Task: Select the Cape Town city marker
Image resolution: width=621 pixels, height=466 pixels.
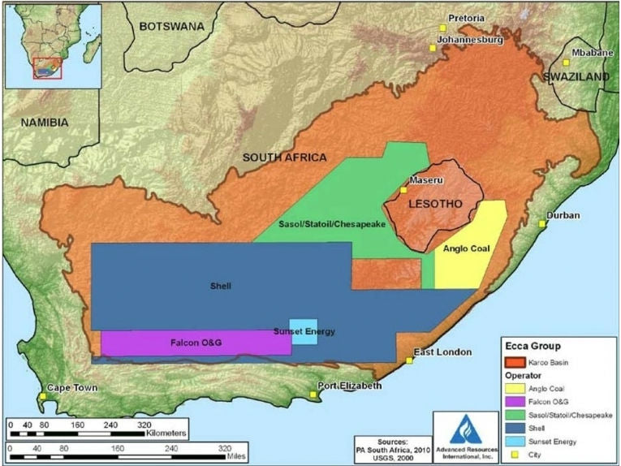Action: coord(42,397)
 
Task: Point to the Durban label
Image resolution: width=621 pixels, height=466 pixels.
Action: coord(563,216)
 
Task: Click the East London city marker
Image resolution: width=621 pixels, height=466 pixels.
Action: coord(409,360)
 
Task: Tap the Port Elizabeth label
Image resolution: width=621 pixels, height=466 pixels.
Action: coord(349,386)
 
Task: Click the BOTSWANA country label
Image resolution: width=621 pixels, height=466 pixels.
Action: coord(171,26)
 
